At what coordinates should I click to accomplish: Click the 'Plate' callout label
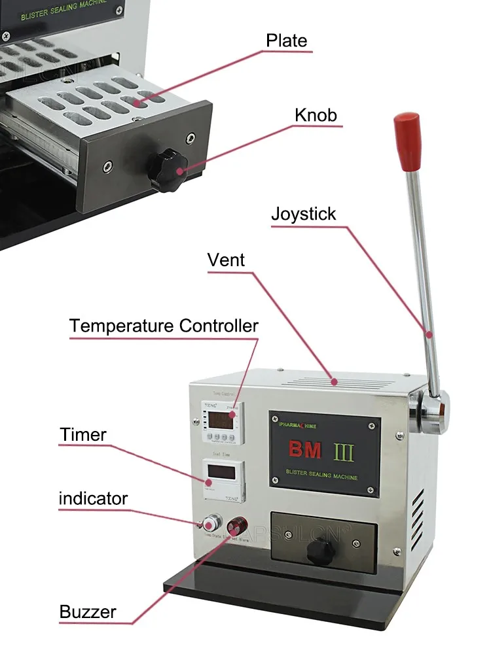(286, 41)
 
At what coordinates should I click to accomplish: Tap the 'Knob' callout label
(316, 116)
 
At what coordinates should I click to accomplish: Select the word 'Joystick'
(304, 214)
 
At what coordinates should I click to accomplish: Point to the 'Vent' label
(226, 260)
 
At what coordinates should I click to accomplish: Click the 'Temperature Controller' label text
(164, 326)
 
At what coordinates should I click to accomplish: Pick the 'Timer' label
(83, 434)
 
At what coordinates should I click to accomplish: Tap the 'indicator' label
(93, 499)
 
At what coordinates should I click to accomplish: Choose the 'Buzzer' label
(88, 612)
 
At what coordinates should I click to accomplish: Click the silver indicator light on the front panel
(211, 524)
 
